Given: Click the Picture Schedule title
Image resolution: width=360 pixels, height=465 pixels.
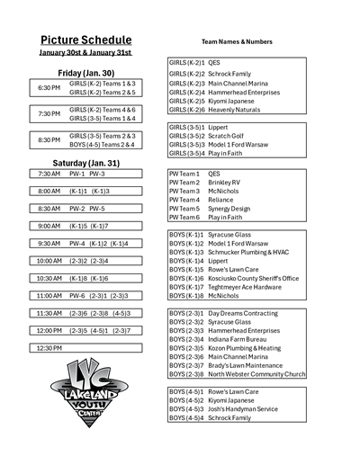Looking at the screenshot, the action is point(86,40).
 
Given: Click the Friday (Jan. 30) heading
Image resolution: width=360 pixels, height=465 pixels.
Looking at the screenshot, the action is point(86,73).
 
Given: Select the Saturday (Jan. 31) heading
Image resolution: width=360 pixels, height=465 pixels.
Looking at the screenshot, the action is point(85,163).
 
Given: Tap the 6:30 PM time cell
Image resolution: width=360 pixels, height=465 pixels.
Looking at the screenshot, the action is point(49,87).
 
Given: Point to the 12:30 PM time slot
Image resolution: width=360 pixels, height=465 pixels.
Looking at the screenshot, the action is point(49,347).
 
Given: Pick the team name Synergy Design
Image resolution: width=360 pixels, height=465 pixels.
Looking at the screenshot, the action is point(231,209).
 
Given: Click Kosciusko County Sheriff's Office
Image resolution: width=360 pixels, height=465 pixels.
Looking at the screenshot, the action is point(253,279).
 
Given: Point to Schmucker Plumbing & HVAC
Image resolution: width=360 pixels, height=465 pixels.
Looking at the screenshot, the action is point(252,253).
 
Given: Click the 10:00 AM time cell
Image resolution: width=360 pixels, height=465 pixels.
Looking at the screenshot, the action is point(49,261).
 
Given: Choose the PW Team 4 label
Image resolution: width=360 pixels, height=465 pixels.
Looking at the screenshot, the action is point(184,200).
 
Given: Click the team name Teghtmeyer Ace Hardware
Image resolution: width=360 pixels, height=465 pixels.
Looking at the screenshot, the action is point(249,287).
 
